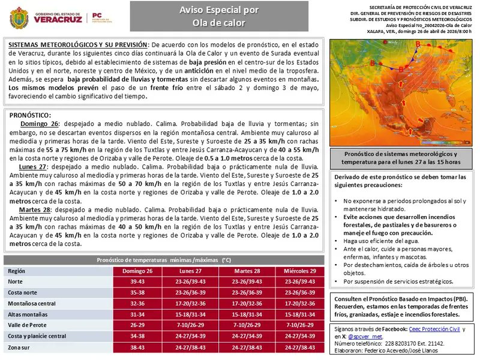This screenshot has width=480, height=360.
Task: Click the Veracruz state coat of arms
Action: (19, 18)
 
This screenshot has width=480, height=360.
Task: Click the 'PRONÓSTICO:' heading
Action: (31, 115)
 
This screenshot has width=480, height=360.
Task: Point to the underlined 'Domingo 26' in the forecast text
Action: (38, 124)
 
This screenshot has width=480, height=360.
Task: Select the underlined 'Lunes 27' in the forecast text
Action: (33, 166)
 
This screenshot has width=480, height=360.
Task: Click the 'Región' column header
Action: (17, 271)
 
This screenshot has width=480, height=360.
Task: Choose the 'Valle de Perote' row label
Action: (28, 325)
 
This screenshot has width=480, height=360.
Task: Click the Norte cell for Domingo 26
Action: (138, 282)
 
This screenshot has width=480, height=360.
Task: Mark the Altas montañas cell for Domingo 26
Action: (138, 314)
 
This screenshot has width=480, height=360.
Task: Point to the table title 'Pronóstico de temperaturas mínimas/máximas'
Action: (164, 260)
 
